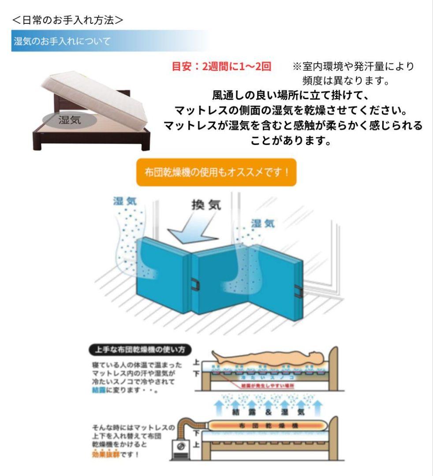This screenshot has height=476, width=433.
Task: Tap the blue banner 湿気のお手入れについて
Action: (62, 41)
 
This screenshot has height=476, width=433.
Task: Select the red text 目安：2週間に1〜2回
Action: (221, 67)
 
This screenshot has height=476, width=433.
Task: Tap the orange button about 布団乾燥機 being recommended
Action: (216, 171)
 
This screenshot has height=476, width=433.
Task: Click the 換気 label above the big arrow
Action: (206, 205)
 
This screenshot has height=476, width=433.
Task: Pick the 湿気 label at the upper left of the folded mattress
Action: (125, 201)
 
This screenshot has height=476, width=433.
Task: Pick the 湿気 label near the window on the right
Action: (263, 224)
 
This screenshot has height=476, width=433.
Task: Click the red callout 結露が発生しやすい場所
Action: (268, 386)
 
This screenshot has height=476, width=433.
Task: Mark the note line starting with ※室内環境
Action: (353, 67)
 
